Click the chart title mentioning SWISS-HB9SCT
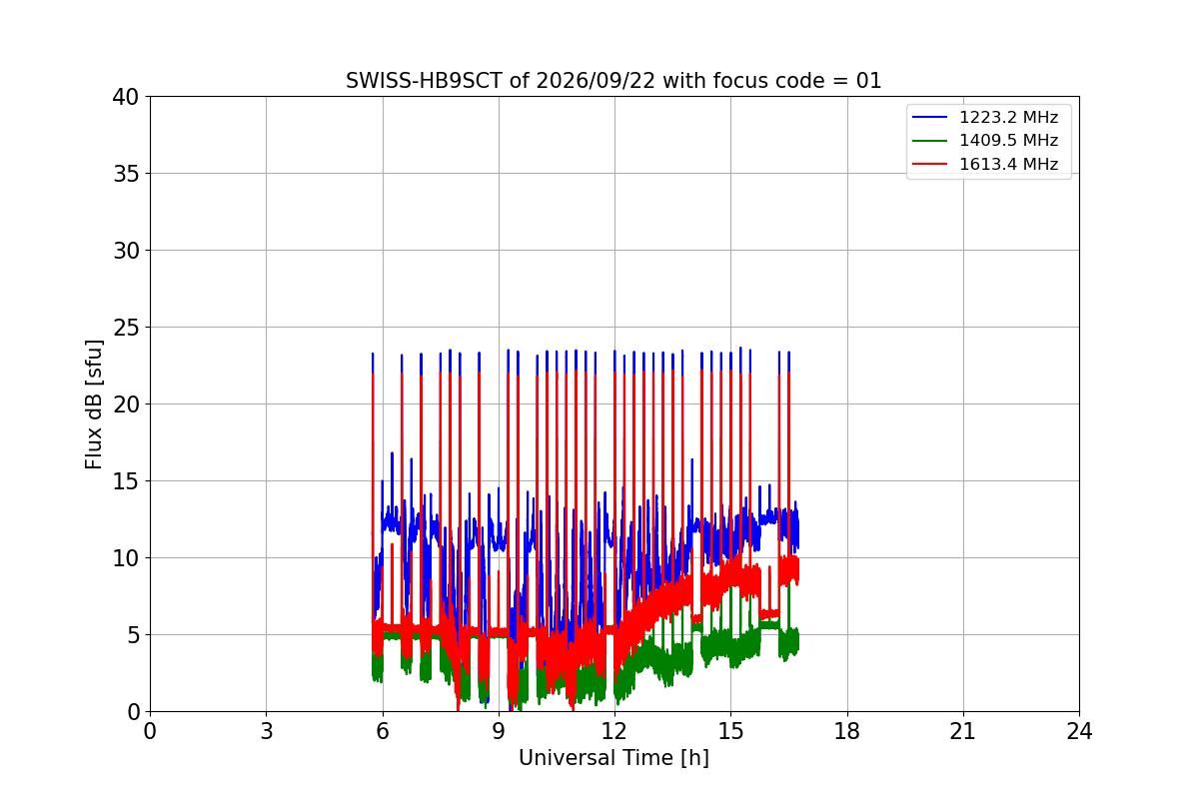[612, 81]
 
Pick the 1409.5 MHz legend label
[1008, 140]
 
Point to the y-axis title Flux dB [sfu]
[93, 404]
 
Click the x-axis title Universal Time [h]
[613, 758]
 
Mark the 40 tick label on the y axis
[125, 97]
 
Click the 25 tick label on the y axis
[125, 328]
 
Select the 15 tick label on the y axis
[125, 481]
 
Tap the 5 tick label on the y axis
[133, 635]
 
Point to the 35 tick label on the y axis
[125, 174]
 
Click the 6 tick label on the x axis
[382, 731]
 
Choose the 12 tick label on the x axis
[614, 731]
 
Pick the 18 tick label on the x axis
[847, 731]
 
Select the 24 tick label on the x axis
[1079, 731]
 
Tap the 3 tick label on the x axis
[266, 731]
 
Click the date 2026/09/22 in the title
[596, 81]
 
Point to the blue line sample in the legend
[930, 117]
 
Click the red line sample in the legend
[930, 164]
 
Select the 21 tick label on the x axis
[963, 731]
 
